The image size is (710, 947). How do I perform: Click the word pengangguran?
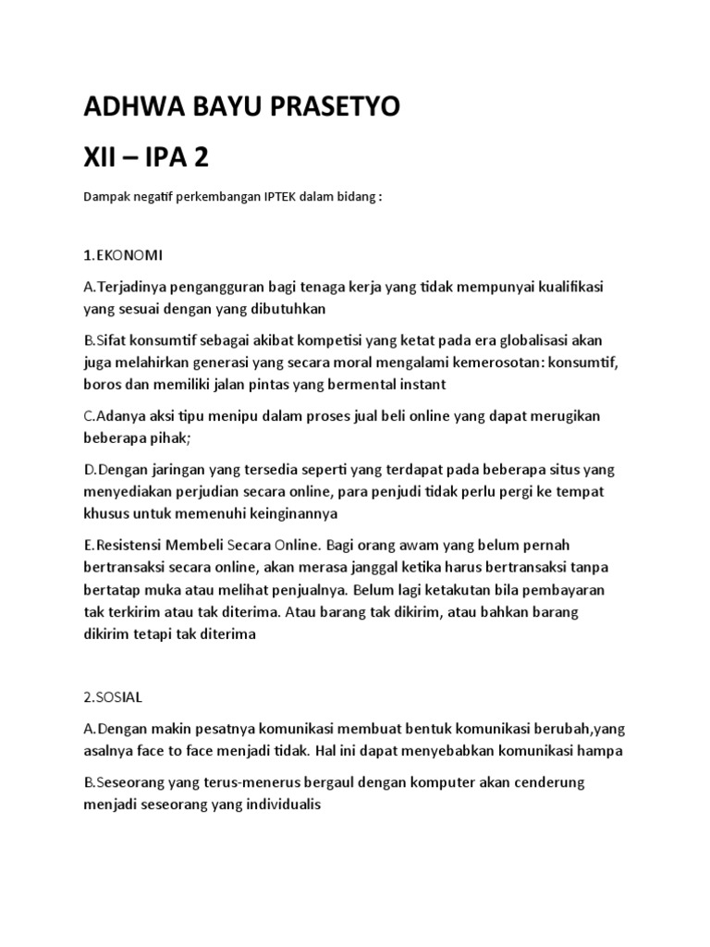point(214,287)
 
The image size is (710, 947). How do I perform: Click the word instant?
point(422,383)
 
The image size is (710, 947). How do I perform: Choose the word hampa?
point(603,750)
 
